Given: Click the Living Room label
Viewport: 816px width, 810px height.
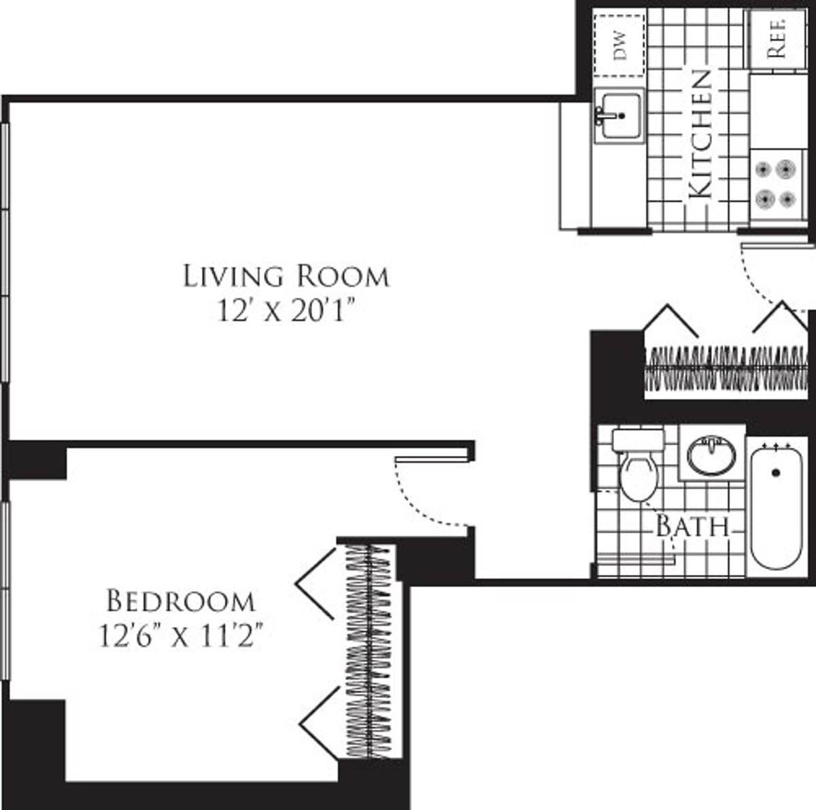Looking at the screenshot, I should tap(286, 277).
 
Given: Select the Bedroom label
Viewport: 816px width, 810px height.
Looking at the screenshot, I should tap(181, 601).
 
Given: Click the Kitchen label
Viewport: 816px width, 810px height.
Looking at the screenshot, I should tap(700, 134).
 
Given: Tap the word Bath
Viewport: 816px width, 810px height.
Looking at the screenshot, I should tap(692, 527).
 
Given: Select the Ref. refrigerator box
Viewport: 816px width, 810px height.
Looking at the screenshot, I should tap(777, 38).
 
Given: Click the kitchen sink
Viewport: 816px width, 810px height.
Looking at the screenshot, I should tap(618, 115).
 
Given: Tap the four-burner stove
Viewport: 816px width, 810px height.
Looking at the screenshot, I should tap(775, 183).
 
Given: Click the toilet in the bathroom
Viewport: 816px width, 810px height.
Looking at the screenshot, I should tap(639, 469).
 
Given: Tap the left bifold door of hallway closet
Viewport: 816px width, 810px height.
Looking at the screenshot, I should tap(670, 319).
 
